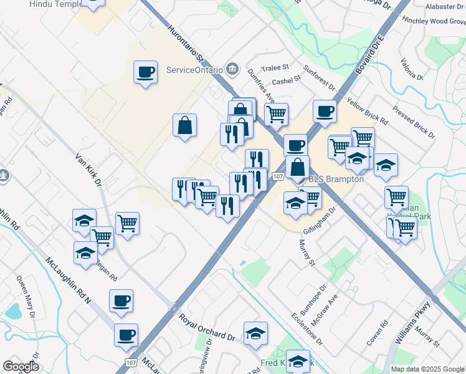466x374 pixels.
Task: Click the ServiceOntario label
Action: [194, 69]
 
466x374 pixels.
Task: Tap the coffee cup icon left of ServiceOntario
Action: [145, 72]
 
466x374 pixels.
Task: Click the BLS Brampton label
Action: [337, 179]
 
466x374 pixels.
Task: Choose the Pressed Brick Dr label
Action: [413, 122]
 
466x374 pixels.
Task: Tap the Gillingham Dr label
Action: [320, 221]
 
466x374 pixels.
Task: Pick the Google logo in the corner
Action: [21, 366]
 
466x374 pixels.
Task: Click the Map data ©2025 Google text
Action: [427, 369]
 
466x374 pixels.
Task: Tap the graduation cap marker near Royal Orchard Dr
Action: [255, 333]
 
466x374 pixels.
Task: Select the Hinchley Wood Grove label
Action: [434, 21]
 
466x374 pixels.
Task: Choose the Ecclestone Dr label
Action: [307, 328]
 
